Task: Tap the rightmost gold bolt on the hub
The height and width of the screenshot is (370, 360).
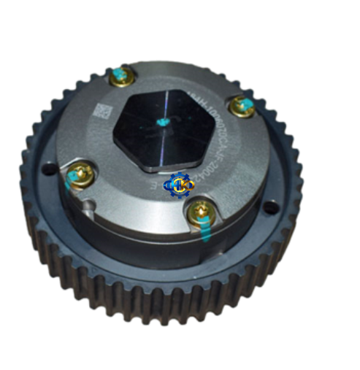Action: (x=240, y=107)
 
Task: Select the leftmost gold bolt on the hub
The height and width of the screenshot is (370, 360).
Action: (x=76, y=175)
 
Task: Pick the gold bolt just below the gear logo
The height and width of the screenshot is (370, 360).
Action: (x=199, y=212)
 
